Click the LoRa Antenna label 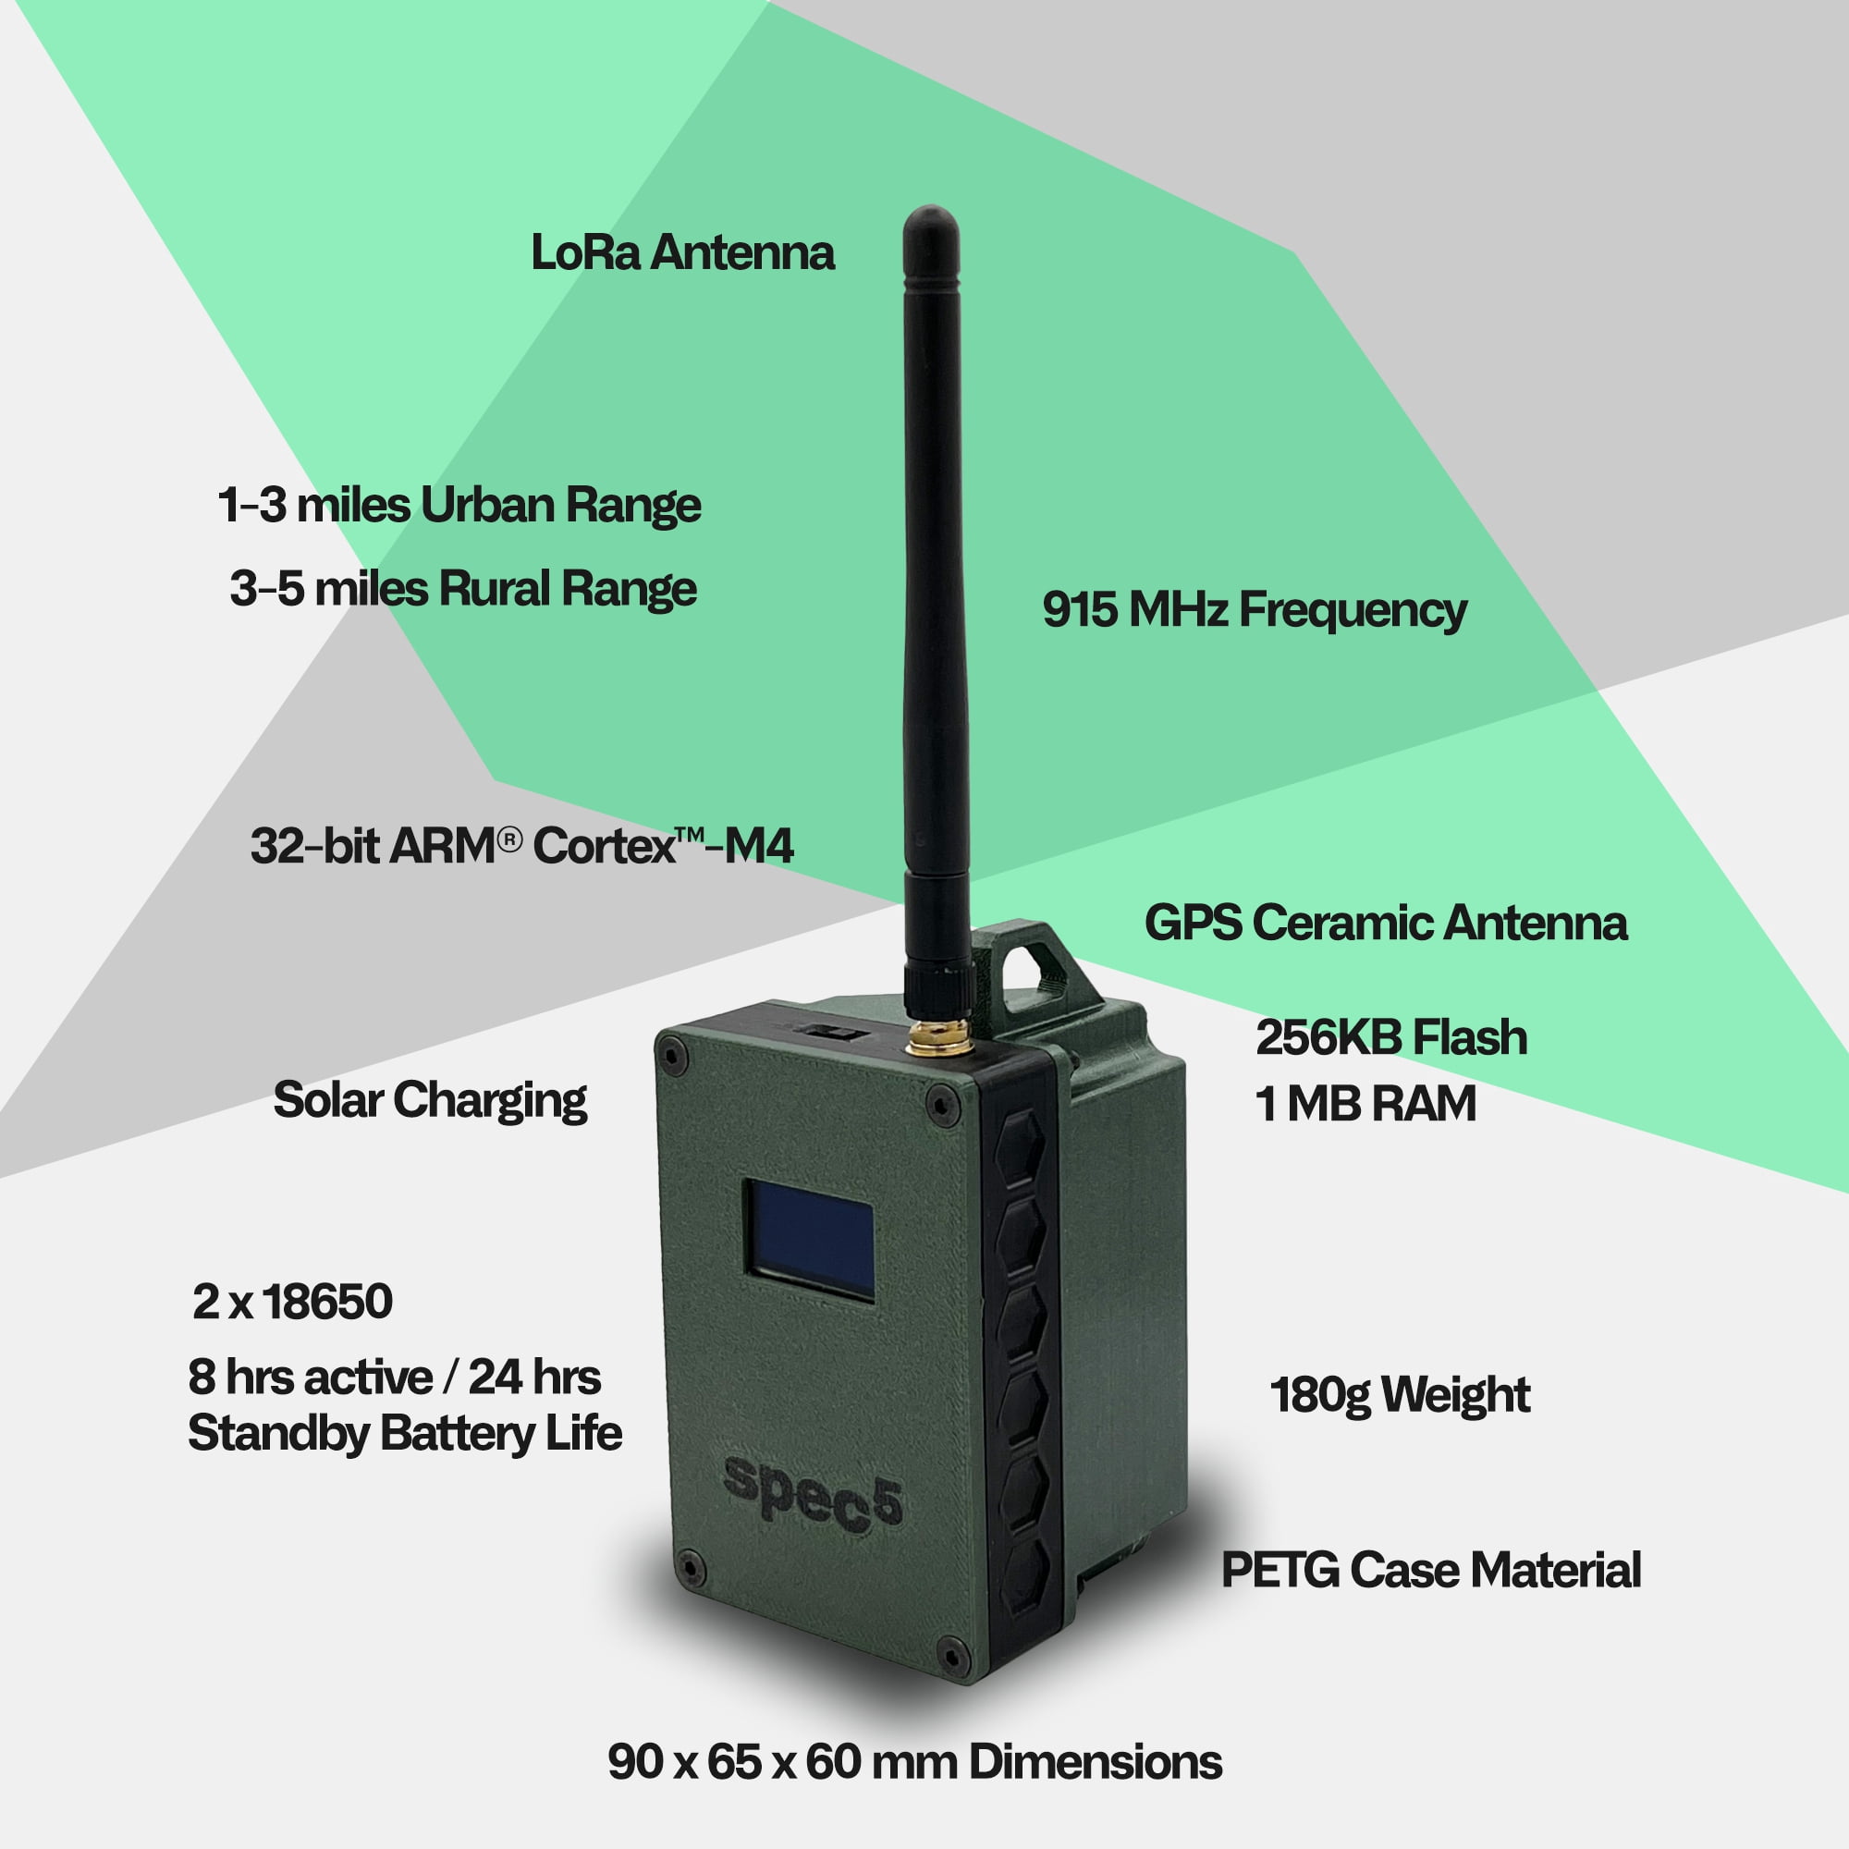(x=682, y=252)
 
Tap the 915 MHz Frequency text (x=1255, y=610)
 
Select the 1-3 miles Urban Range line (x=459, y=507)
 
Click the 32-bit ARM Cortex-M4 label (x=522, y=846)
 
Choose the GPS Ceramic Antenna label (x=1386, y=924)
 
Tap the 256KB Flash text (x=1391, y=1037)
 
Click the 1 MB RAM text (x=1365, y=1105)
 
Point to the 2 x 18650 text (x=293, y=1302)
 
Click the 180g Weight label (x=1400, y=1396)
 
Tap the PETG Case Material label (x=1432, y=1571)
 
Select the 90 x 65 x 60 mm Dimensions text (x=915, y=1762)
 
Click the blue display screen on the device (x=812, y=1241)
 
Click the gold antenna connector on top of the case (x=939, y=1037)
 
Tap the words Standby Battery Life (x=405, y=1435)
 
